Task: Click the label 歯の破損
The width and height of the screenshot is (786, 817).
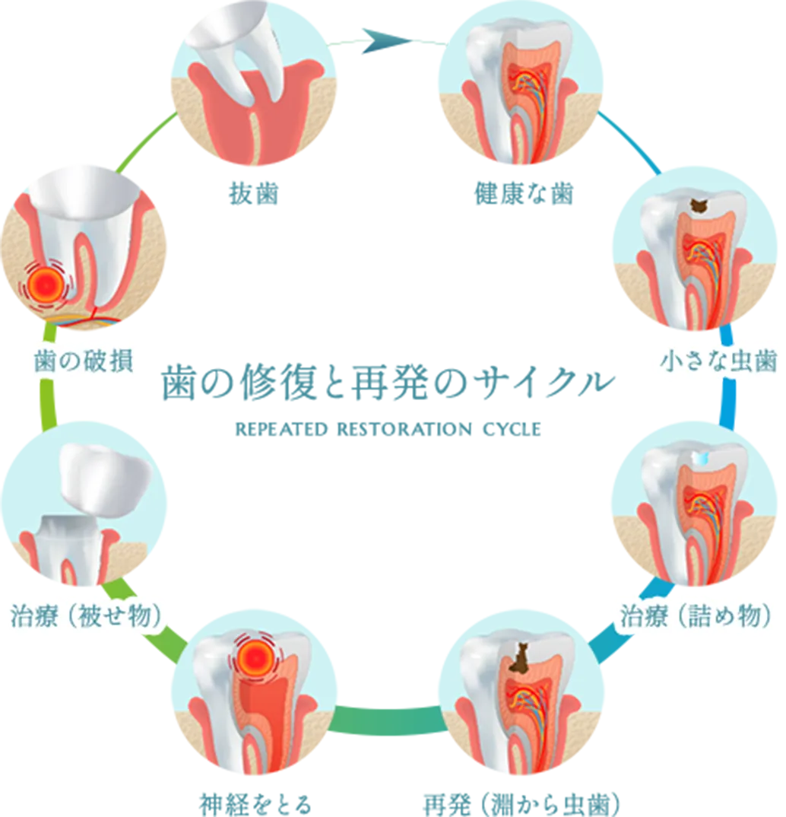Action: click(84, 361)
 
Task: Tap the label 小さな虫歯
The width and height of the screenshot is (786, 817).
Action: click(718, 361)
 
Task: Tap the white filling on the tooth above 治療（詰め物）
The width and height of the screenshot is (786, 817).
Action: click(700, 456)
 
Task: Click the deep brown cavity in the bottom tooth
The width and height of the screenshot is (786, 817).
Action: click(520, 659)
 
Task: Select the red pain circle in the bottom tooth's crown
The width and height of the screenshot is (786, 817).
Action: click(256, 654)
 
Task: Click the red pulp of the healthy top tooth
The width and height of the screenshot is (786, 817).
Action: click(525, 84)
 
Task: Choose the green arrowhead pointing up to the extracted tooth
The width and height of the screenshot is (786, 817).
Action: click(144, 145)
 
